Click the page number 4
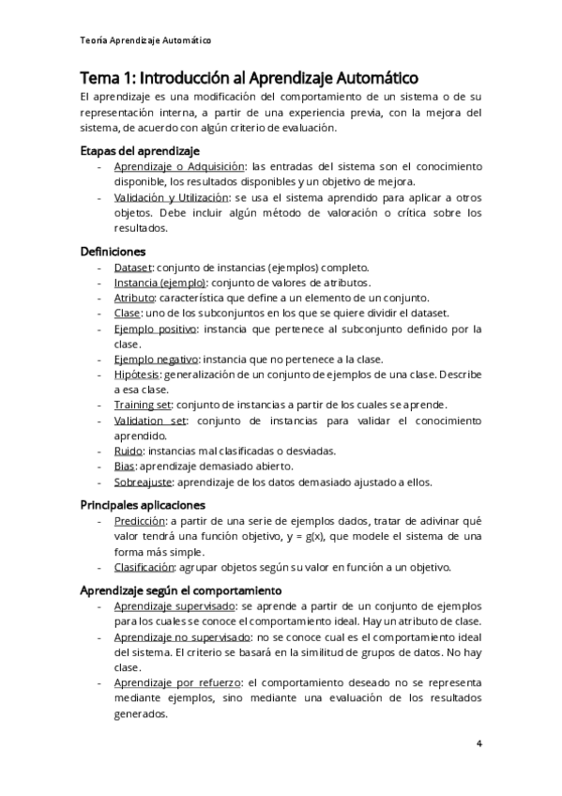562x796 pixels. (x=479, y=744)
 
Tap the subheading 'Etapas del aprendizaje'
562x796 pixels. (x=140, y=150)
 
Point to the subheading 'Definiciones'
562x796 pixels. (x=114, y=252)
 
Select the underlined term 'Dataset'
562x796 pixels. (x=132, y=268)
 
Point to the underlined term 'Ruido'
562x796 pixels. (x=129, y=451)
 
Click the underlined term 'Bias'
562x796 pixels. (x=125, y=466)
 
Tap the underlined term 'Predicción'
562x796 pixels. (x=140, y=521)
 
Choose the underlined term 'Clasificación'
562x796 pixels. (x=144, y=567)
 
